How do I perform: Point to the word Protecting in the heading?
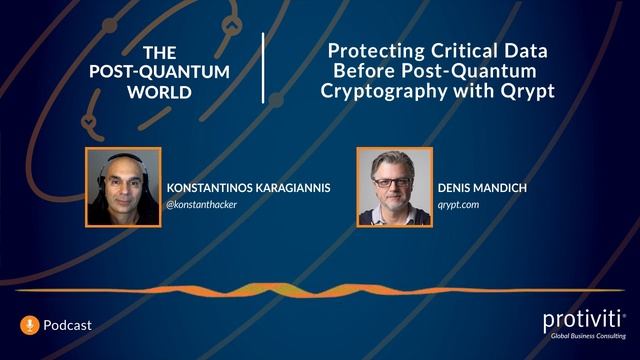click(x=376, y=51)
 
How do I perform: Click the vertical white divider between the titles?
click(x=264, y=68)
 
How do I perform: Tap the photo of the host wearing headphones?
click(x=124, y=187)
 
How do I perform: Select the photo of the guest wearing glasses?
click(x=394, y=187)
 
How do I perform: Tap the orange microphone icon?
click(x=30, y=324)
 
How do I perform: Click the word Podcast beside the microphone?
click(x=68, y=325)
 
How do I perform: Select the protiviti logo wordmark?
click(x=583, y=320)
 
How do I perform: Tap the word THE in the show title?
click(x=160, y=52)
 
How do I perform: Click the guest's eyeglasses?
click(x=391, y=181)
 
